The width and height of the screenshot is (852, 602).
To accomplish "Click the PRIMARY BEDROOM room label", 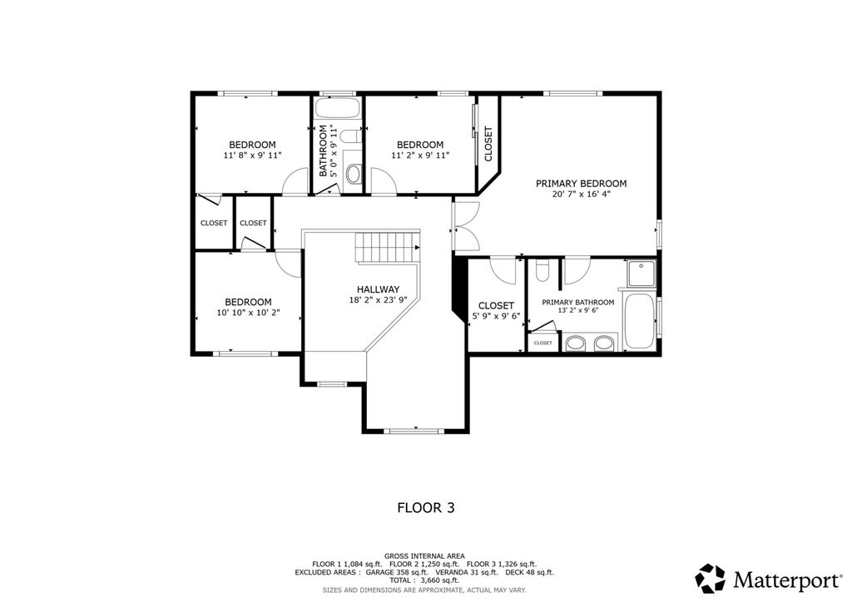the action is (581, 184).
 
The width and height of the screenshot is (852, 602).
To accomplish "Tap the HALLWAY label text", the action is (379, 289).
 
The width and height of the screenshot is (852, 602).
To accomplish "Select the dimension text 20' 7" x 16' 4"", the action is (581, 194).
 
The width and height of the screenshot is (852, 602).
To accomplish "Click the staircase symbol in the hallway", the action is (388, 247).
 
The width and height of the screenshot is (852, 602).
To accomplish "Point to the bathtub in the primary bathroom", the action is (638, 322).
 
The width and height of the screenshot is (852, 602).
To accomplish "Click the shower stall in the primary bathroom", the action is (641, 274).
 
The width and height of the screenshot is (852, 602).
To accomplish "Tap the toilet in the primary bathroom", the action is (542, 270).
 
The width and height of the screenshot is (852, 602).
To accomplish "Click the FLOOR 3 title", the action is (426, 507).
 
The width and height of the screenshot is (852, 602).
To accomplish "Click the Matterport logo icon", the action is (711, 578).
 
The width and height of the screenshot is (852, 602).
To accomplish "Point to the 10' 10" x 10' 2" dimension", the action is (248, 312).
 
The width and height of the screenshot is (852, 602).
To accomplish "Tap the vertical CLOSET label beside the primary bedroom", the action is (488, 144).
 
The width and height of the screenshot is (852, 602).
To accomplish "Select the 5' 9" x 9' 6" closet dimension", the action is (496, 315).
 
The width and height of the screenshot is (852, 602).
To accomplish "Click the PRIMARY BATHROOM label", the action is (578, 303).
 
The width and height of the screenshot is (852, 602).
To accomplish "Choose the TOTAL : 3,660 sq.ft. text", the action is (424, 580).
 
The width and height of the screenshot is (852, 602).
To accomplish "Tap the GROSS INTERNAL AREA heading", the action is (424, 556).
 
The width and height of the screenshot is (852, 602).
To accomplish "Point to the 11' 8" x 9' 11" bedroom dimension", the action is (252, 155).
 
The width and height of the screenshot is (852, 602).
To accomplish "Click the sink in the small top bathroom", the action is (353, 175).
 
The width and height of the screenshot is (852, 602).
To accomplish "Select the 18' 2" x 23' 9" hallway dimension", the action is (379, 299).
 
